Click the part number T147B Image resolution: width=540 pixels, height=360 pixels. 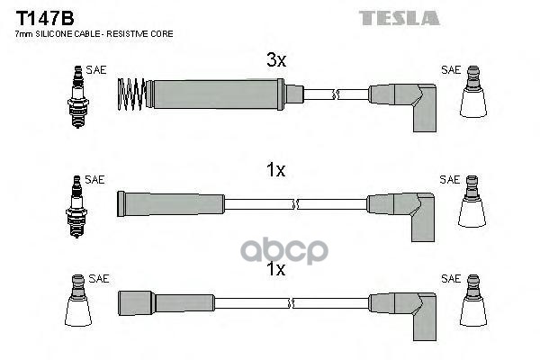click(45, 18)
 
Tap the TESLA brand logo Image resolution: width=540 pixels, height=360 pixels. click(399, 18)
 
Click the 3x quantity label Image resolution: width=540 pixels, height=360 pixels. click(276, 60)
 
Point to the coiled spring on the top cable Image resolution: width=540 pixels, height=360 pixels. click(131, 94)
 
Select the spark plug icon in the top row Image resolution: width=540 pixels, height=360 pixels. click(78, 97)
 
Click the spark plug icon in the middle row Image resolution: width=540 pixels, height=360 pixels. click(76, 207)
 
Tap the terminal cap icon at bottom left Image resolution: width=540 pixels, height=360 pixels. click(78, 301)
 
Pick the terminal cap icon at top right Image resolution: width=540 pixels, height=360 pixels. click(473, 92)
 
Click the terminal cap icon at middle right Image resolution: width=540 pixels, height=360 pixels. click(472, 202)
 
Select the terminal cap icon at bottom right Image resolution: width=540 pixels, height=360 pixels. click(473, 301)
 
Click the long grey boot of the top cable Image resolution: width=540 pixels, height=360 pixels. click(215, 94)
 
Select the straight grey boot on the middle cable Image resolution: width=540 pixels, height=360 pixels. click(171, 204)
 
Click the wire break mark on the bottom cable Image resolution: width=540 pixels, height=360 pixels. click(291, 303)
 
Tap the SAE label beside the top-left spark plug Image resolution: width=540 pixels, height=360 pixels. click(96, 70)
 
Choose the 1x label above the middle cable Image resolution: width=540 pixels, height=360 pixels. click(276, 170)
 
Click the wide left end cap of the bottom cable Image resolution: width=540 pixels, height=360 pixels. click(135, 302)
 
